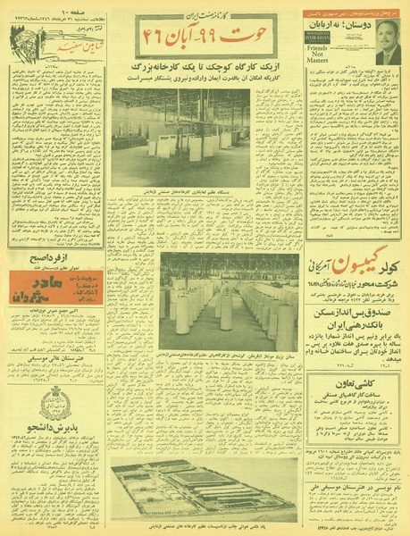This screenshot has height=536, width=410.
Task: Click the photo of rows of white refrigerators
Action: [230, 301]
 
